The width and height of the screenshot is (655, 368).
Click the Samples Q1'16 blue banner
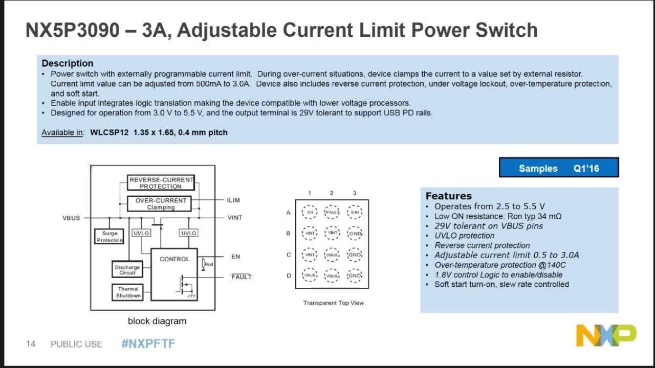[559, 168]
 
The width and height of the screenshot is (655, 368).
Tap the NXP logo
[606, 335]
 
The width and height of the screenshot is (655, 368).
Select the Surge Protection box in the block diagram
[110, 237]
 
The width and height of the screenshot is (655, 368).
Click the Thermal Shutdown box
[127, 292]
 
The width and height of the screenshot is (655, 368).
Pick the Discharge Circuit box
[127, 270]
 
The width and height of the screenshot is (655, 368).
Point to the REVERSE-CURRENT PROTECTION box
[161, 183]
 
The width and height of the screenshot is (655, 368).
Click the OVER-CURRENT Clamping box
[161, 203]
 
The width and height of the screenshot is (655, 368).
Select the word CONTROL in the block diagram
[174, 259]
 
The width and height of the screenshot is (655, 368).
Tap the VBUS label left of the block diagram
[71, 218]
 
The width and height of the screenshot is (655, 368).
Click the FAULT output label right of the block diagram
[242, 277]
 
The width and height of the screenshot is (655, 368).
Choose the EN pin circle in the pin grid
[310, 212]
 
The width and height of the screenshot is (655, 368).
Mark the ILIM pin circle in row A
[355, 212]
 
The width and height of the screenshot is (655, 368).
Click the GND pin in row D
[355, 275]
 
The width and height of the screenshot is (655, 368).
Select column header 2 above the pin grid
[332, 193]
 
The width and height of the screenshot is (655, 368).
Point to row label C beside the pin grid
[289, 255]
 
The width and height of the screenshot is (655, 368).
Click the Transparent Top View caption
[333, 303]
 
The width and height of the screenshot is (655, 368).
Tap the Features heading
[448, 196]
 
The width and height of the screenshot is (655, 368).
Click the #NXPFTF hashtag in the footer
[148, 344]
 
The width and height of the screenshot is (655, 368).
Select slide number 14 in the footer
[31, 344]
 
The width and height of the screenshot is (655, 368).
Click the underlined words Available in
[62, 132]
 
